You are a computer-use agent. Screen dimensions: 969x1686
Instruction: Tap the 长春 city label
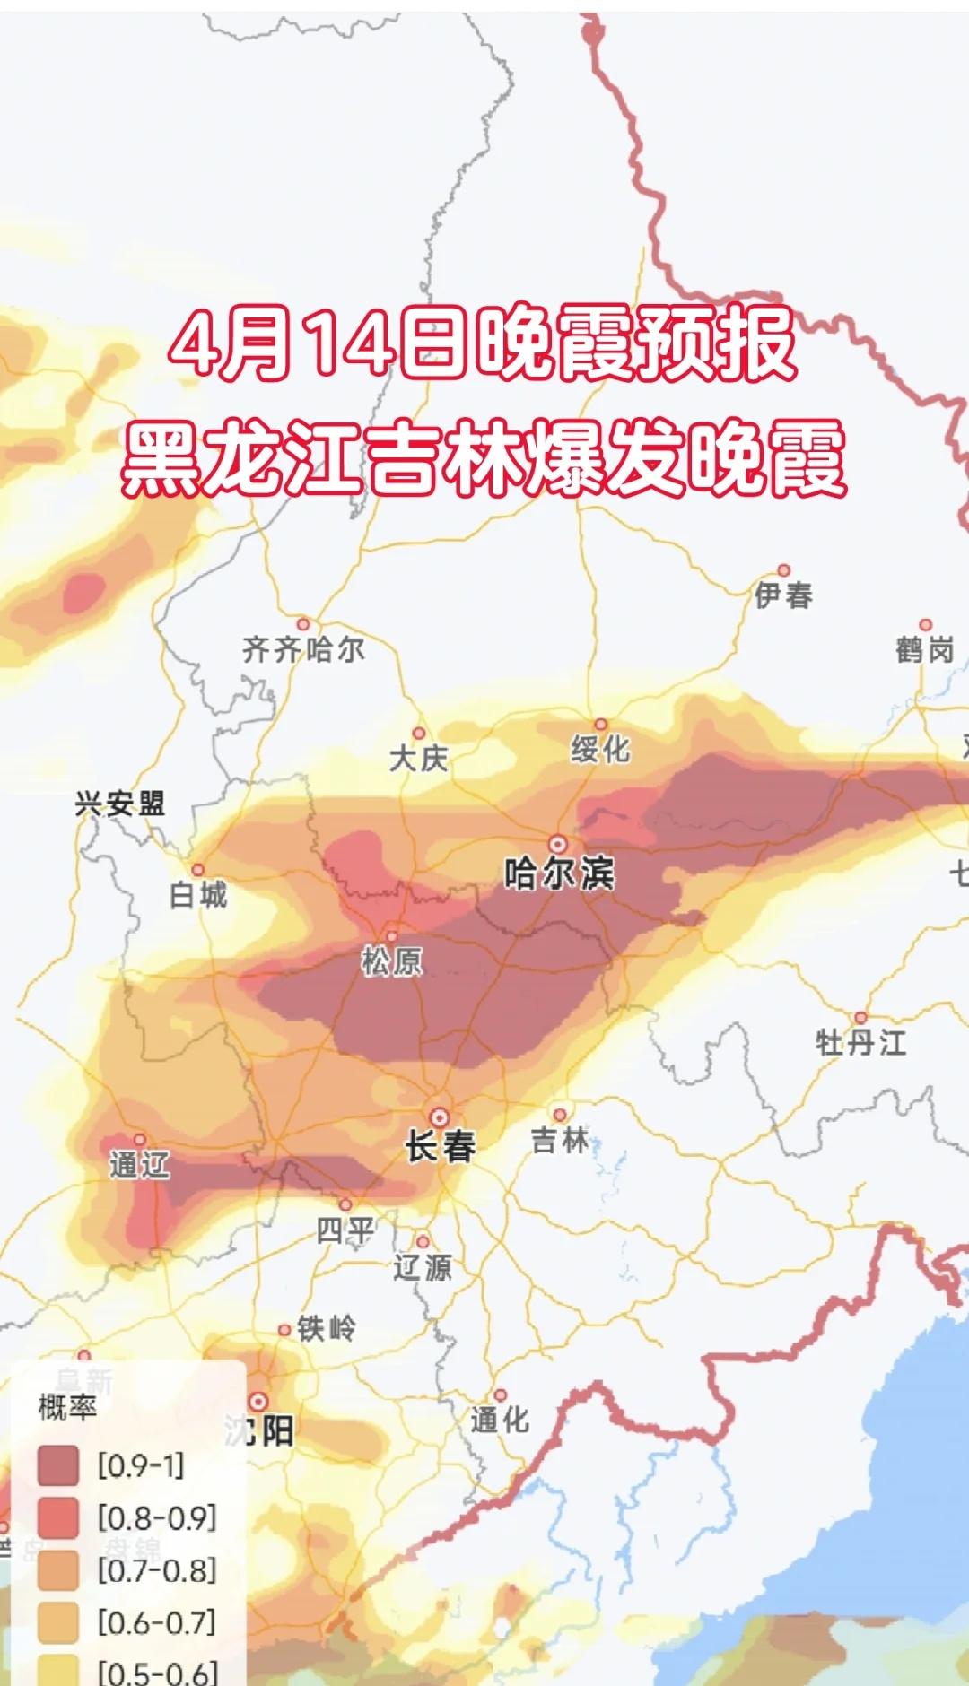440,1146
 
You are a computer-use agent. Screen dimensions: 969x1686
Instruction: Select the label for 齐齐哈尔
303,649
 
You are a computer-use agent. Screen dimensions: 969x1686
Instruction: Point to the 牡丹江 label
860,1043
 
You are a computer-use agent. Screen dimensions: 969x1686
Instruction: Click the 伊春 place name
783,595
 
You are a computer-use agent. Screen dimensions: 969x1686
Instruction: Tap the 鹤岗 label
924,649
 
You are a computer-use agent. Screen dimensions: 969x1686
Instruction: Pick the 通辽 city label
139,1165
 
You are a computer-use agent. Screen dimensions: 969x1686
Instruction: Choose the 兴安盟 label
119,804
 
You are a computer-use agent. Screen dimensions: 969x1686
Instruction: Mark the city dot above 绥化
600,725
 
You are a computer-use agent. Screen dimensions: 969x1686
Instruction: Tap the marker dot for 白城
197,870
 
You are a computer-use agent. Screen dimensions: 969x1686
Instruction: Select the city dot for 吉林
559,1115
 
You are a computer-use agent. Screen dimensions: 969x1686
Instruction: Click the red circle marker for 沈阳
258,1401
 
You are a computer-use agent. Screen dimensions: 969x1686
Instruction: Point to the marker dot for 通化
500,1395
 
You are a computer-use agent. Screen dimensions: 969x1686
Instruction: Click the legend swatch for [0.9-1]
58,1466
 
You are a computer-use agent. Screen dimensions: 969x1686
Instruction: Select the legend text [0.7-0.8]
157,1570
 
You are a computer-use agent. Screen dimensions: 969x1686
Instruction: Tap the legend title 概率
66,1407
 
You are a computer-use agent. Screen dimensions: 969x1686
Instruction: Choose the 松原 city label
391,961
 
